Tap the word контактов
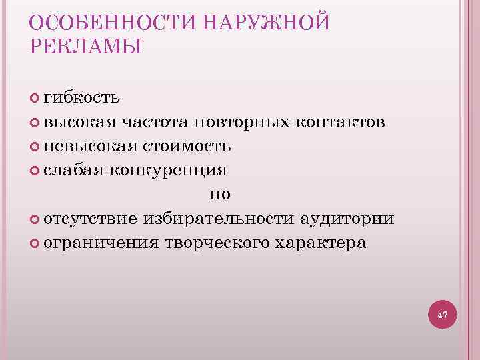click(x=339, y=123)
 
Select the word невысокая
click(x=90, y=146)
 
